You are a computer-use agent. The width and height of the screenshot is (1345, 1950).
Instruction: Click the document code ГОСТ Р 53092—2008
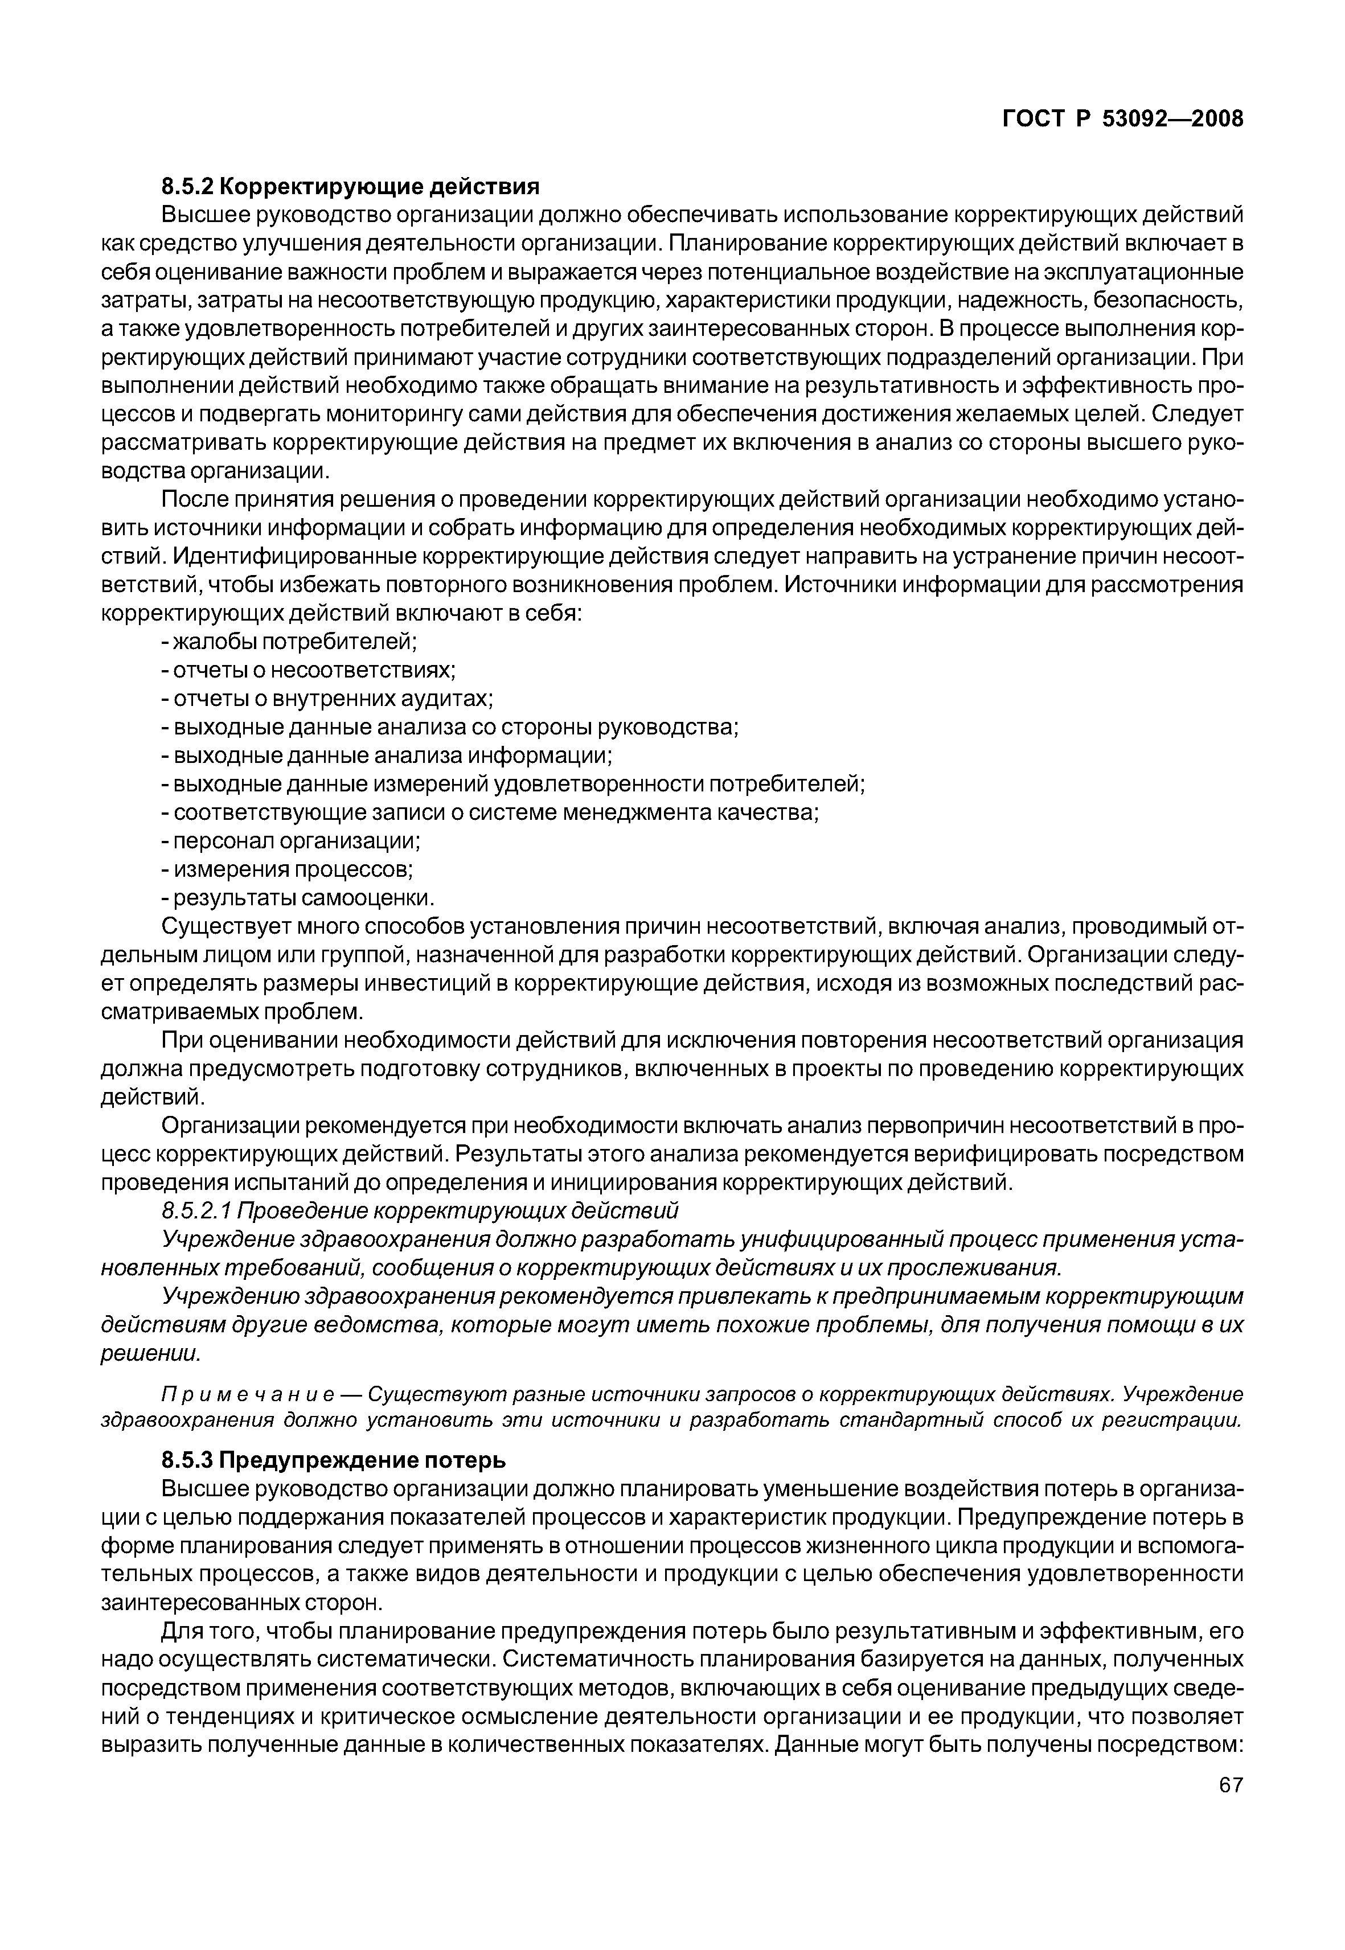[1122, 119]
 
